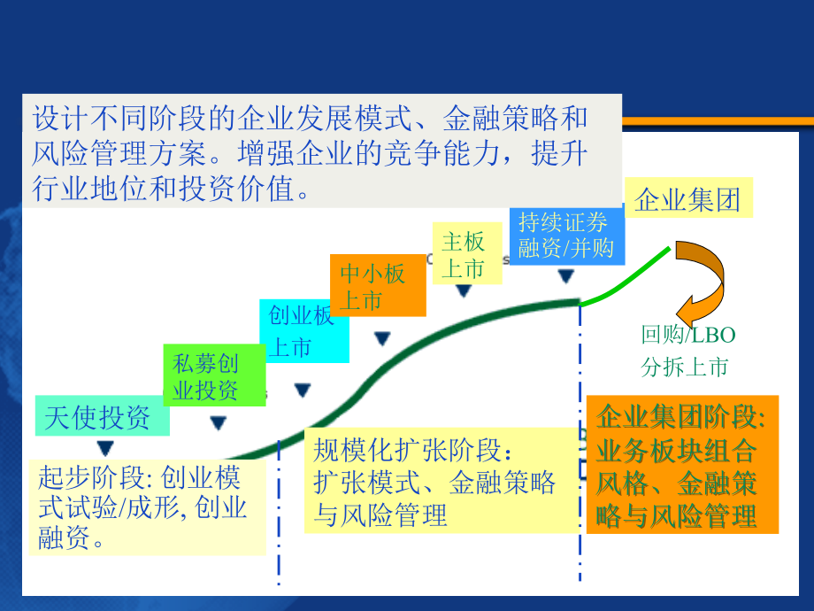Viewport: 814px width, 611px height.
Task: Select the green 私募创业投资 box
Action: coord(215,376)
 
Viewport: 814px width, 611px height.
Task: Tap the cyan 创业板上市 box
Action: coord(303,331)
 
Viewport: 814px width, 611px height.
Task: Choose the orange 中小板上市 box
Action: coord(377,286)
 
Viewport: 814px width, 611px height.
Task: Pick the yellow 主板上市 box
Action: coord(466,253)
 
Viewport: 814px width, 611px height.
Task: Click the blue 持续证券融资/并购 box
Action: coord(566,235)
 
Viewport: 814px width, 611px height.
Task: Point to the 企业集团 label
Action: coord(687,199)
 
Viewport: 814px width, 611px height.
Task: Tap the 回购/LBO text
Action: coord(688,335)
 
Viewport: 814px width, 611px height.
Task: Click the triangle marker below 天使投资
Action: coord(105,448)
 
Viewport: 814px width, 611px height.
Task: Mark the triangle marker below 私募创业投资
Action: coord(218,423)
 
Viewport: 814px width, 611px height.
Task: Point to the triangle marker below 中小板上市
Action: coord(382,338)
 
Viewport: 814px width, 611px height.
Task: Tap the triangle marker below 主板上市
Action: coord(464,291)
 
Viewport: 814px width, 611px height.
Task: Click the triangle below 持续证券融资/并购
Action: coord(565,276)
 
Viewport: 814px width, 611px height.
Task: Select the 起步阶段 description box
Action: coord(146,507)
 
